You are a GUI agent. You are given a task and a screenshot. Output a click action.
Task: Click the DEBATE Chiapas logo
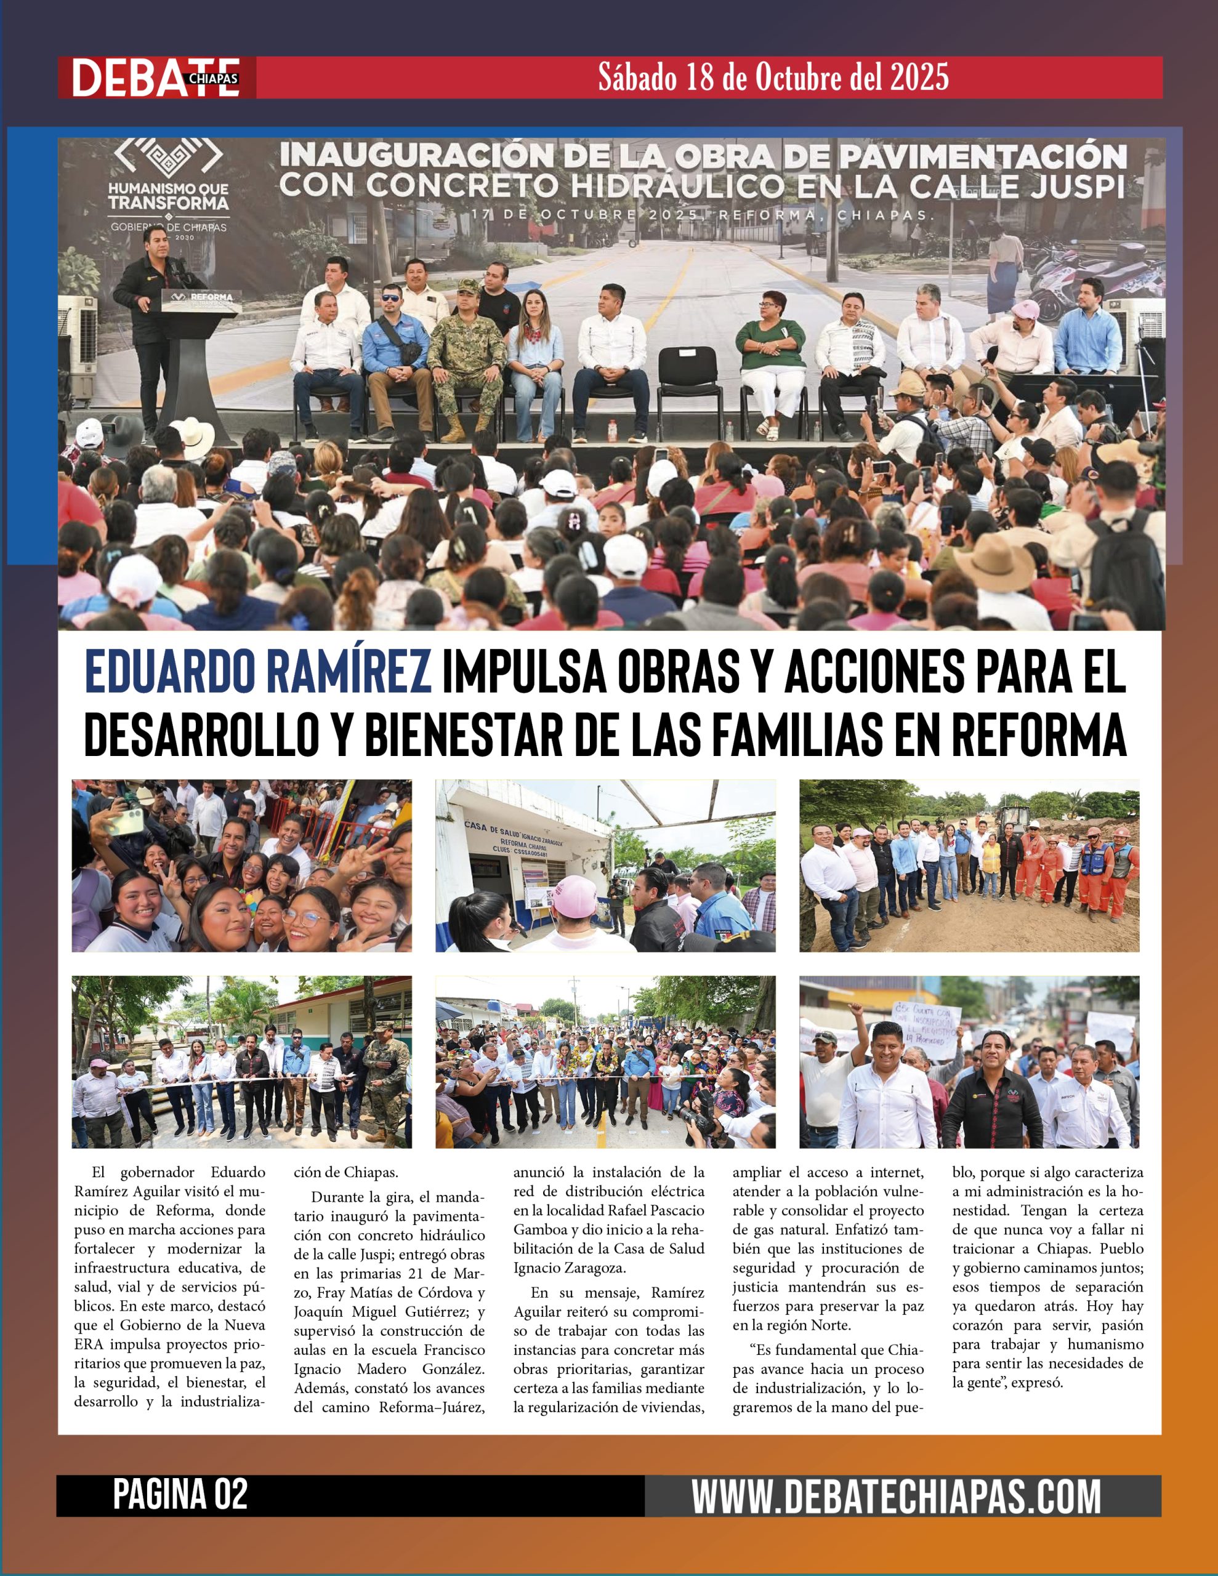pos(156,77)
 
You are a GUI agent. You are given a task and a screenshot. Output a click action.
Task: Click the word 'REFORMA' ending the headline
pos(1038,735)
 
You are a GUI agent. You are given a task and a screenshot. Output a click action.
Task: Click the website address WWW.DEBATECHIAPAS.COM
pos(896,1496)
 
